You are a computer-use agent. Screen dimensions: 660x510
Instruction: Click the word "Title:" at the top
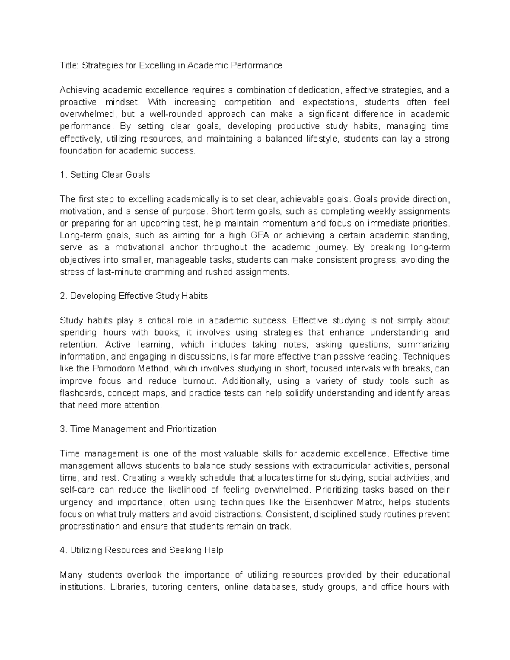(69, 65)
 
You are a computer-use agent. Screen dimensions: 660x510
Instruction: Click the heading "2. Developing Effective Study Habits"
(134, 296)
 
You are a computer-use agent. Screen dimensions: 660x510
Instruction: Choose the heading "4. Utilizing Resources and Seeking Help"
(142, 550)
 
